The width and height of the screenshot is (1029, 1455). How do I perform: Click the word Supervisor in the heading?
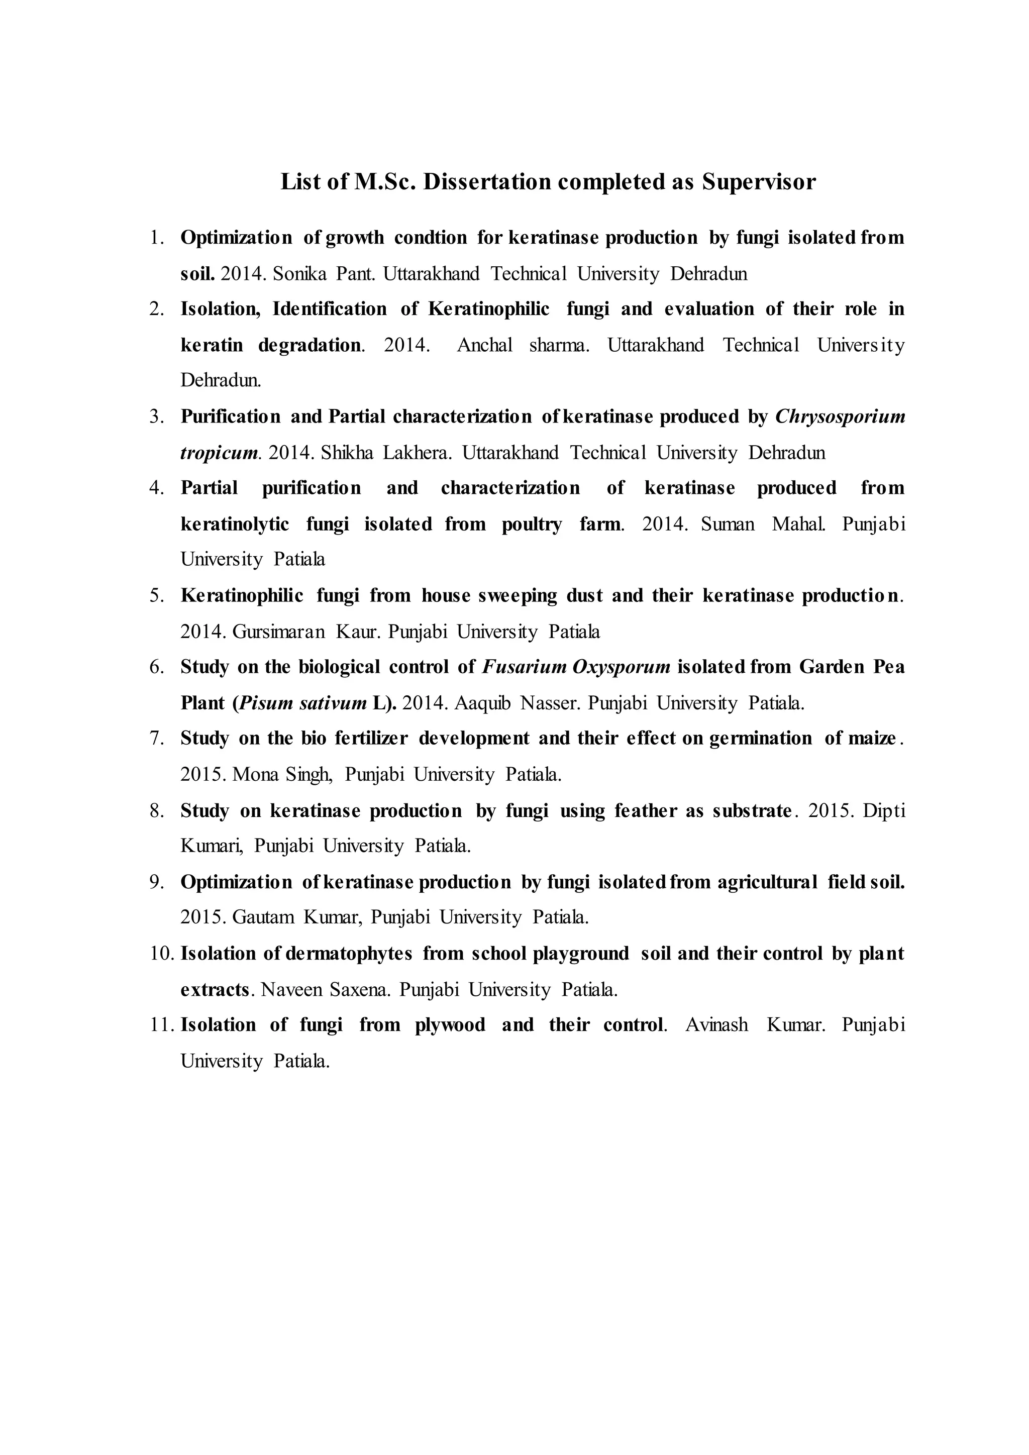tap(759, 182)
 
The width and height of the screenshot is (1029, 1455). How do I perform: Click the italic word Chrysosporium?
tap(840, 417)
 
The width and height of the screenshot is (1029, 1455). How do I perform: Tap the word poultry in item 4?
tap(532, 524)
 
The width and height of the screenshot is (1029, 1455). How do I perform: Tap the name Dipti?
tap(884, 811)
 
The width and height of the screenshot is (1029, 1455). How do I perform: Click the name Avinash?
tap(716, 1025)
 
